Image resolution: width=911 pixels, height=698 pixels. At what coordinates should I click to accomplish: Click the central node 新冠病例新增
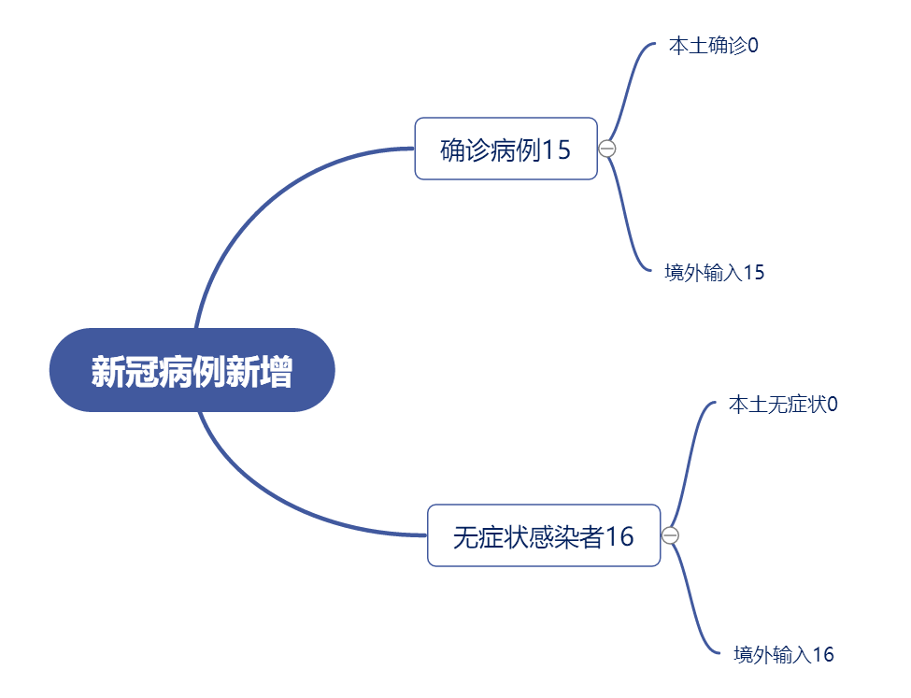click(192, 370)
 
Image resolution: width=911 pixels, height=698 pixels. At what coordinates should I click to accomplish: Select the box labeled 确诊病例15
click(506, 149)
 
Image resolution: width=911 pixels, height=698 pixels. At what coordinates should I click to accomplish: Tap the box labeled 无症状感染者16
click(544, 535)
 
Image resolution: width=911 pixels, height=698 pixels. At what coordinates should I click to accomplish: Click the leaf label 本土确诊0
click(714, 46)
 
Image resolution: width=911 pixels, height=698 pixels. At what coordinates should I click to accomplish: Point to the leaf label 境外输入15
click(714, 272)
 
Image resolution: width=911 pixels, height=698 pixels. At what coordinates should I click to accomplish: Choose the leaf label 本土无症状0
click(783, 404)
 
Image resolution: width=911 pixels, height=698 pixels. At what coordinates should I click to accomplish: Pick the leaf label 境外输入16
click(784, 654)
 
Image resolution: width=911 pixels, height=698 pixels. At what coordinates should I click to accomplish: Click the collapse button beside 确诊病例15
click(607, 149)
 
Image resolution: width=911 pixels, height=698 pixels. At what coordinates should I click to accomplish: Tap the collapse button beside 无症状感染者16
click(670, 535)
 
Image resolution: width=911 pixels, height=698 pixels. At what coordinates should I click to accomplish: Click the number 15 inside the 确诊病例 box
click(556, 150)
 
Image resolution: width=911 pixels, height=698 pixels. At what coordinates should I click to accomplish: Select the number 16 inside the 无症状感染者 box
click(619, 536)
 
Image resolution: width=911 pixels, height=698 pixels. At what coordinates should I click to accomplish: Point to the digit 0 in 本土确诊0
click(753, 46)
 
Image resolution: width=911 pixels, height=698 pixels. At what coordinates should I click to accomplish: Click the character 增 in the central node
click(276, 371)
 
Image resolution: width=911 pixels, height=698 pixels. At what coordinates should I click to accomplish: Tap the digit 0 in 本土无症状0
click(833, 405)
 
